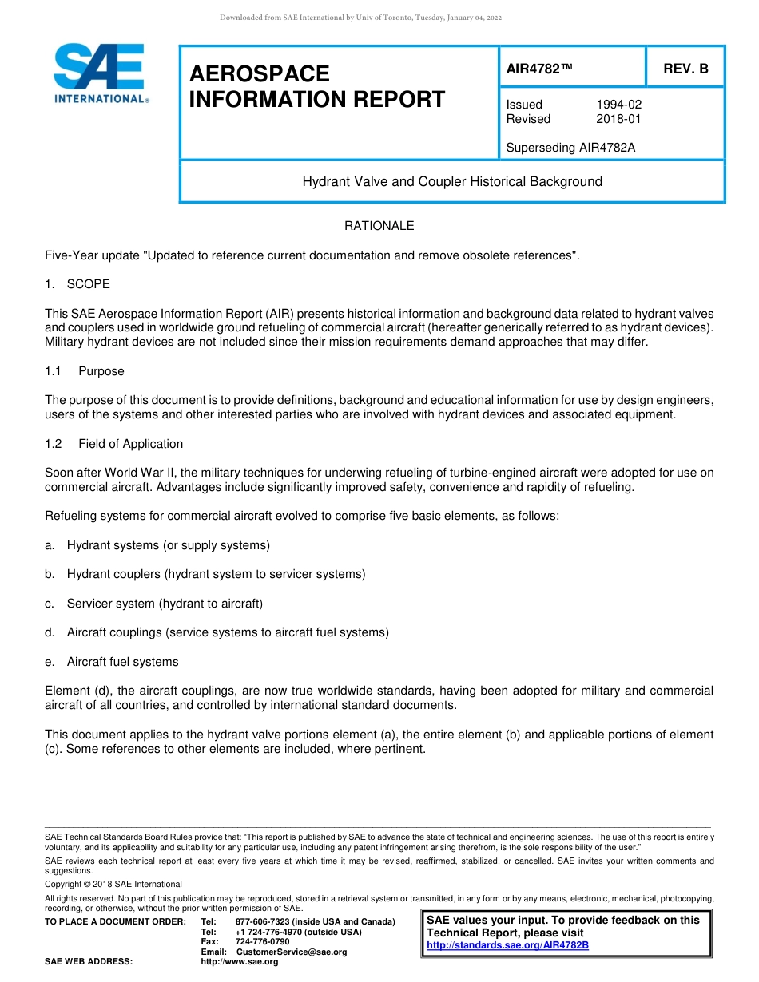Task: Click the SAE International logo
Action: click(x=100, y=74)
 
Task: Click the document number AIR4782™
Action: click(x=540, y=69)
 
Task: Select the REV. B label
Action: click(x=685, y=69)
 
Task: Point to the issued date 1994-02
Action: click(x=618, y=105)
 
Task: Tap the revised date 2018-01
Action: click(x=618, y=119)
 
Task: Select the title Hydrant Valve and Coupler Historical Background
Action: click(x=452, y=182)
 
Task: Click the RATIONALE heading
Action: click(x=379, y=226)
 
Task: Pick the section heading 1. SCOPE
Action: click(x=77, y=284)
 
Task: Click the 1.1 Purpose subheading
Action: click(x=85, y=371)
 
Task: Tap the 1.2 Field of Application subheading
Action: click(x=114, y=444)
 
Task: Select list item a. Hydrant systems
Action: click(x=157, y=545)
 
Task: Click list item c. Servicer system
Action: click(x=153, y=604)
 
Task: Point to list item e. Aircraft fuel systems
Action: click(x=112, y=662)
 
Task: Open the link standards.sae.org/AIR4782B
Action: click(x=507, y=945)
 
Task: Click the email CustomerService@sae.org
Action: click(x=292, y=952)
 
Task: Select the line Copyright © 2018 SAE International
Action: click(x=113, y=884)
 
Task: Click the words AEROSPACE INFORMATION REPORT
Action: click(x=316, y=87)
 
